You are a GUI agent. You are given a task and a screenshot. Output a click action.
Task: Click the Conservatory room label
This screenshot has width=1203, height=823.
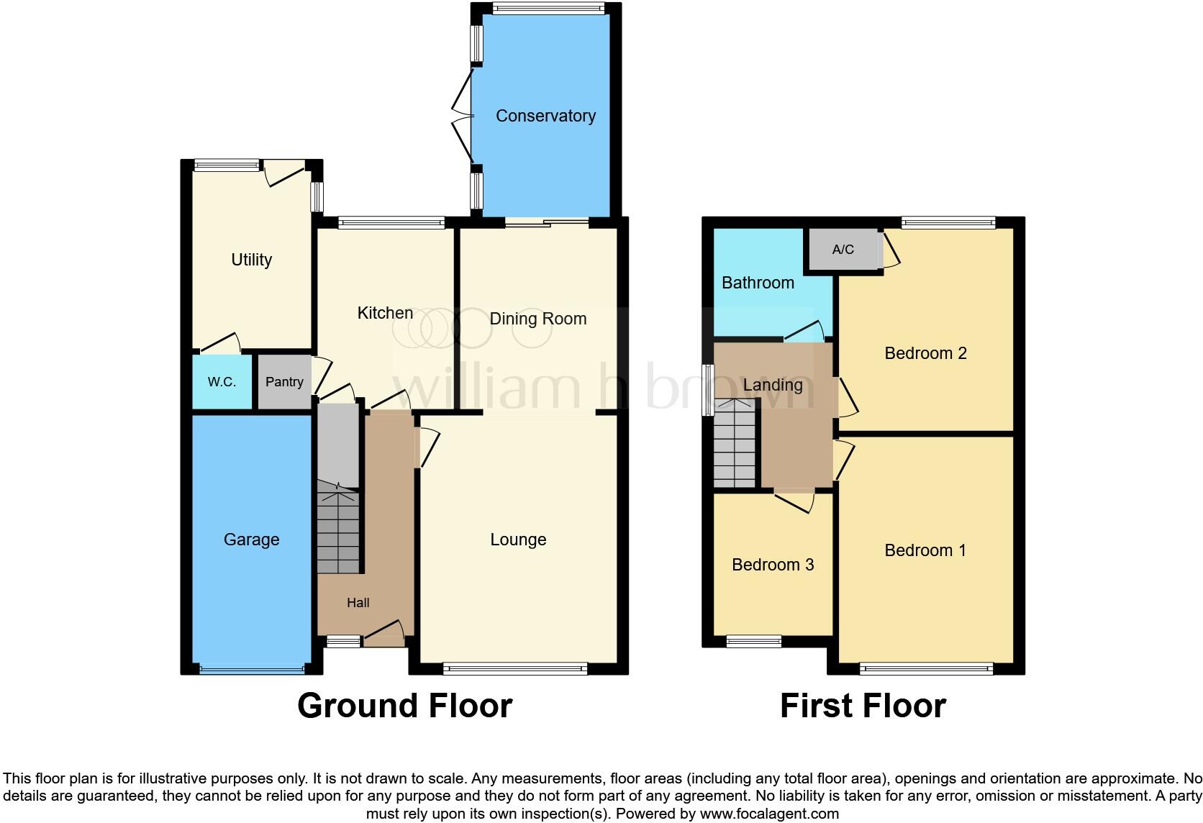(545, 116)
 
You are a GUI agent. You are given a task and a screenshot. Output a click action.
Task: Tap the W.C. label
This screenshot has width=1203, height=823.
(222, 382)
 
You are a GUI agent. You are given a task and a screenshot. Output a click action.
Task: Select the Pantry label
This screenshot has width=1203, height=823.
(284, 382)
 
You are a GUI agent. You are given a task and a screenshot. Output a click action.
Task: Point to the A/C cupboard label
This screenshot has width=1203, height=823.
(843, 250)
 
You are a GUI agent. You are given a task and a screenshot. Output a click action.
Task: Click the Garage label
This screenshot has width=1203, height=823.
(251, 540)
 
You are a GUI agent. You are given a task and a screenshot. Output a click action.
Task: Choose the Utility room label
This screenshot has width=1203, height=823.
(251, 260)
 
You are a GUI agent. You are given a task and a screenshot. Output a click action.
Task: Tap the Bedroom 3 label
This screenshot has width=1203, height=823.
(773, 565)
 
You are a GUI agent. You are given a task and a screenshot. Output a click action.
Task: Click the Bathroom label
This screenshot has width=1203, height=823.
(758, 283)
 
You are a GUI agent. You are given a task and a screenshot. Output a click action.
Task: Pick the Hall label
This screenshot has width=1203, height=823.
(358, 603)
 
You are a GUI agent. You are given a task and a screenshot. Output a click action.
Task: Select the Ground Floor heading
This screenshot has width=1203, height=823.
(404, 706)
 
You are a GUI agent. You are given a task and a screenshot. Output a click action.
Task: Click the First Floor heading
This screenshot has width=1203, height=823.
(863, 706)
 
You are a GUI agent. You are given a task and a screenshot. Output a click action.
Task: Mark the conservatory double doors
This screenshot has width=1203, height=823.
(462, 116)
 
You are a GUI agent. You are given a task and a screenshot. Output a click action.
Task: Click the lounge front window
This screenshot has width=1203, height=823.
(515, 669)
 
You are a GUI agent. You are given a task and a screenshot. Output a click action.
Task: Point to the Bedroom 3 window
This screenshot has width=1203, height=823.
(753, 641)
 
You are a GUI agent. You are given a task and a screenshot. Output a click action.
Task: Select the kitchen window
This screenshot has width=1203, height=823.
(391, 223)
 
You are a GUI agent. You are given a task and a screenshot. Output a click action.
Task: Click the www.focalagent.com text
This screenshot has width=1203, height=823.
(769, 814)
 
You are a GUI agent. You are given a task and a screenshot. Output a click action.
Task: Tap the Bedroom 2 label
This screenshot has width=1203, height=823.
(925, 353)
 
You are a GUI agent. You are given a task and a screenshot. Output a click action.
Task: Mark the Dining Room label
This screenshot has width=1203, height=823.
(537, 319)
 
